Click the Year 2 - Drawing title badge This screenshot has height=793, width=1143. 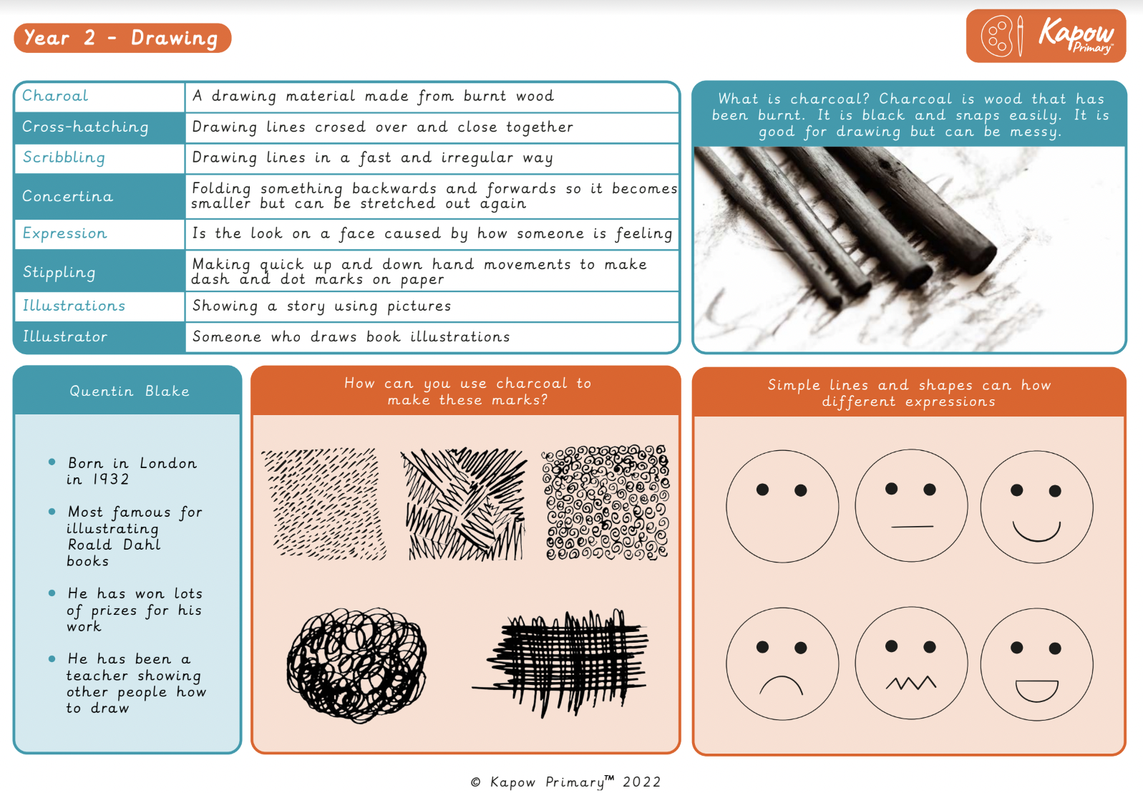tap(122, 38)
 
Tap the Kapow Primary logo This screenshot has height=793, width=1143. tap(1046, 36)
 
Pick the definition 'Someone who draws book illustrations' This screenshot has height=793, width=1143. tap(351, 337)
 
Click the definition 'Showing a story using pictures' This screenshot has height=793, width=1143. tap(321, 306)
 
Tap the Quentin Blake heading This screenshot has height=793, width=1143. tap(129, 391)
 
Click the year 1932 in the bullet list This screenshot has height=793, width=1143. tap(110, 480)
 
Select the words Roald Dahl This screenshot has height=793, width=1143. tap(114, 545)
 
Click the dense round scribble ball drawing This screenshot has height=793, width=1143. tap(356, 664)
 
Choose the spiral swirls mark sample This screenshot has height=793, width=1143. tap(605, 502)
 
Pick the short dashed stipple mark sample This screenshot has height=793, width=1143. tap(324, 503)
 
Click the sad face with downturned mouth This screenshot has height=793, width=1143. tap(782, 664)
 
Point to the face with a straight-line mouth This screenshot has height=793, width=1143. tap(910, 506)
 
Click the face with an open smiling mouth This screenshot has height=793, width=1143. tap(1036, 664)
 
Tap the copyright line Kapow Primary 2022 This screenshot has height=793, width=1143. tap(565, 782)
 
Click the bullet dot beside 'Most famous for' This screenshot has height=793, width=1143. tap(52, 512)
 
